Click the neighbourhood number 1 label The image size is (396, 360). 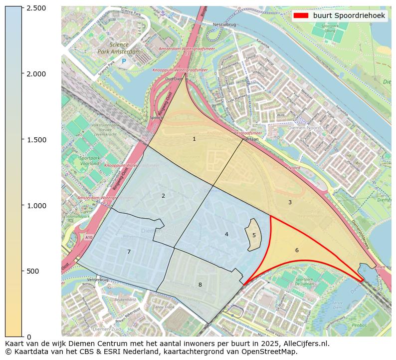coord(194,139)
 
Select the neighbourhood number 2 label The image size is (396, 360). coord(163,196)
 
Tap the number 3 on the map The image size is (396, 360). coord(290,202)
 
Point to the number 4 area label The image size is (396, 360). coord(226,234)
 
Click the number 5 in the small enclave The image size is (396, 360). coord(254,235)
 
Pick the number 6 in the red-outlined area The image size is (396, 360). coord(297,250)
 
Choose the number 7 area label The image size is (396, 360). coord(129,252)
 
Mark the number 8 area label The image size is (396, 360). coord(200,285)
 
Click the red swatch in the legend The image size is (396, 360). coord(302,15)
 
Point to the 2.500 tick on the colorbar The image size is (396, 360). coord(36,8)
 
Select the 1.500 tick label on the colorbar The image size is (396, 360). coord(36,139)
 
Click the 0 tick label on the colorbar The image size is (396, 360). coord(28,337)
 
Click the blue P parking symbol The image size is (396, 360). coord(124,61)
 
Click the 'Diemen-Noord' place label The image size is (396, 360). coord(305,128)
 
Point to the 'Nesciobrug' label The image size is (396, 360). coord(224,23)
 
